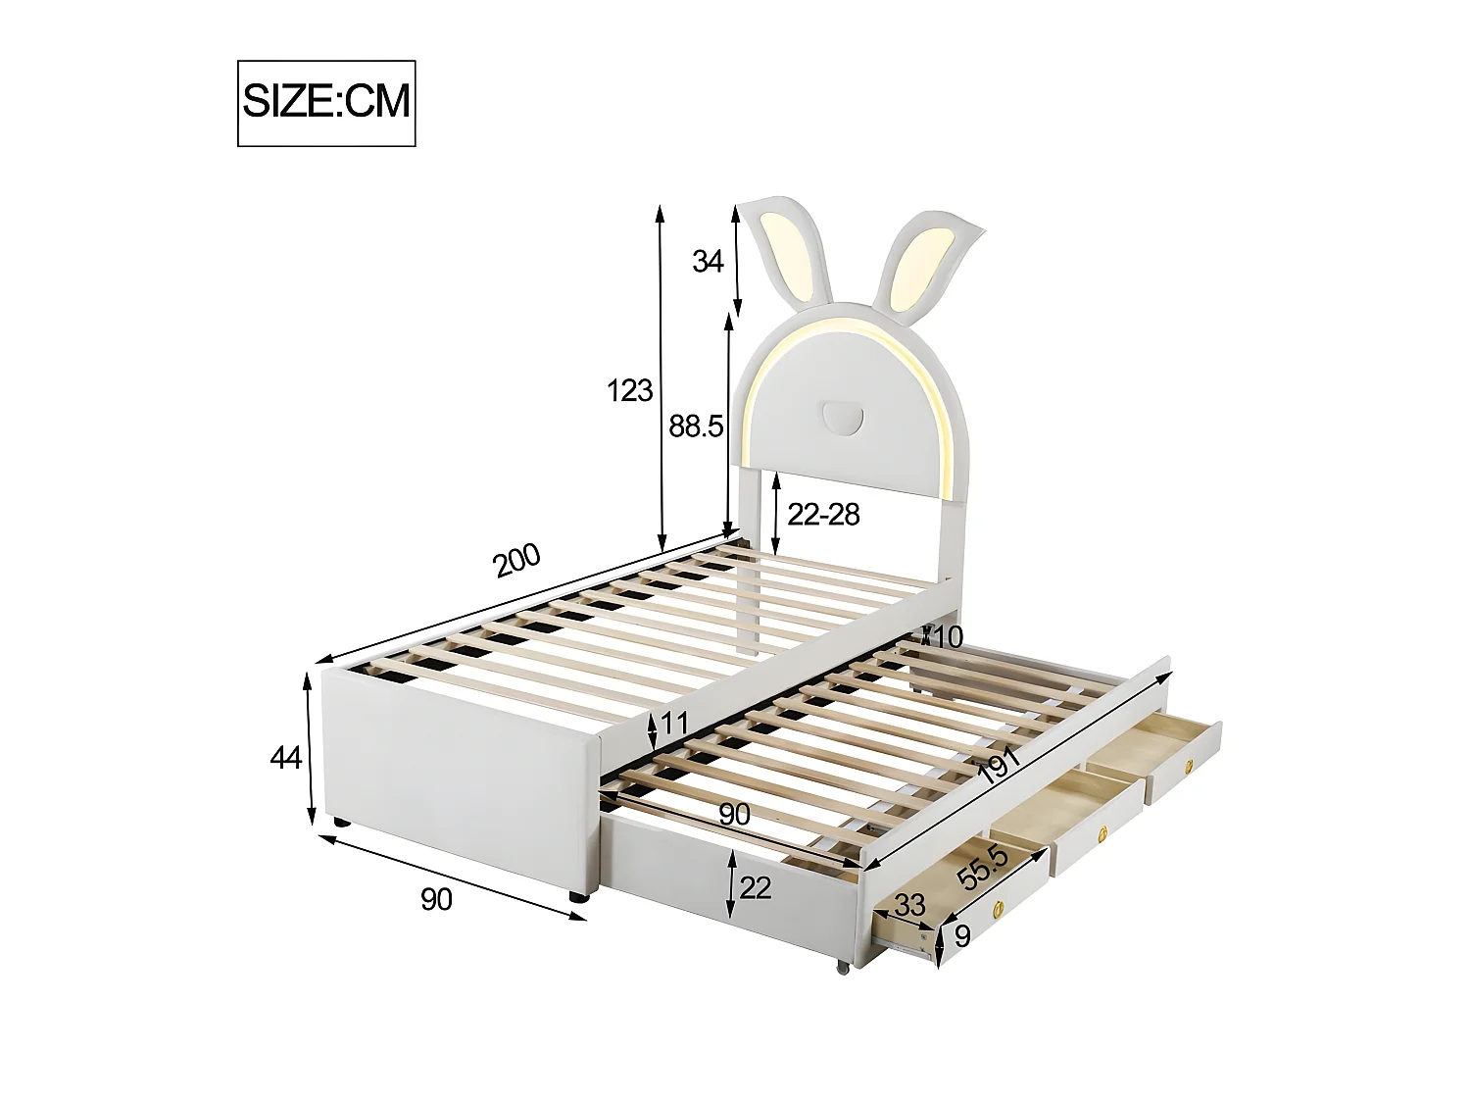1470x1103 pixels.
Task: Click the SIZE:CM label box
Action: click(326, 103)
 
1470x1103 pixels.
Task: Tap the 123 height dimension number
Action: click(630, 390)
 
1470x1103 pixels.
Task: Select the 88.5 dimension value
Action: click(696, 426)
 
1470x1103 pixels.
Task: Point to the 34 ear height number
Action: click(708, 262)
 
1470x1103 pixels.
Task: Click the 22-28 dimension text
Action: click(823, 514)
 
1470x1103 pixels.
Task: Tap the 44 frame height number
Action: click(285, 758)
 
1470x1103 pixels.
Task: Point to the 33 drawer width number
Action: click(908, 906)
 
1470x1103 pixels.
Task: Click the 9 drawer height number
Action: click(961, 937)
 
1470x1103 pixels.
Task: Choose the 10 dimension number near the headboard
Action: click(948, 637)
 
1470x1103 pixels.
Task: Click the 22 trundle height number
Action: click(756, 887)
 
